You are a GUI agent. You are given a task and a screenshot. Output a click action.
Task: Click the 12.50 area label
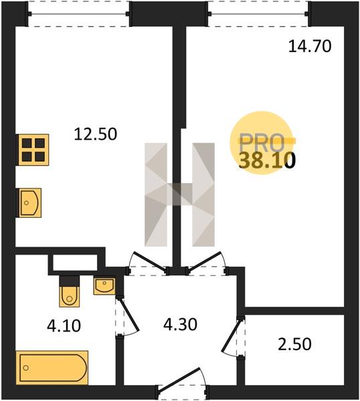coord(96,134)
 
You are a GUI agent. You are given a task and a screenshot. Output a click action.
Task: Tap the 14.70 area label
coord(310,47)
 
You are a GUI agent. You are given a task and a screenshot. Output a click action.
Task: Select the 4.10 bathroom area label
coord(64,326)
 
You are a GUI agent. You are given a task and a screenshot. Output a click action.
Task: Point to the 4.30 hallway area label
coord(180,325)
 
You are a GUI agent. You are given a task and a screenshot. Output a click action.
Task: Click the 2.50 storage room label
coord(294,344)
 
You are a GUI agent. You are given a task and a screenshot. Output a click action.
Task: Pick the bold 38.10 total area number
coord(267,160)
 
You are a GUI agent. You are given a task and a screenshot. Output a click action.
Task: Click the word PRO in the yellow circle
coord(262,143)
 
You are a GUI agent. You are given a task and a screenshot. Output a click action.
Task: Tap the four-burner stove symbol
coord(33,150)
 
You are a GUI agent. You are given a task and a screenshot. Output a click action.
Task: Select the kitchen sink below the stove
coord(29,203)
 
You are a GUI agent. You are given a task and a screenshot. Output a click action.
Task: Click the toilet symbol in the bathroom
coord(69,291)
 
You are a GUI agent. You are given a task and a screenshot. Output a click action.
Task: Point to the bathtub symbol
coord(52,368)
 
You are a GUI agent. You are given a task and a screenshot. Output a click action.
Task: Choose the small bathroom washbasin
coord(104,286)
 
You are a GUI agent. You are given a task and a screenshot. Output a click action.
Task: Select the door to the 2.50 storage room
coord(232,335)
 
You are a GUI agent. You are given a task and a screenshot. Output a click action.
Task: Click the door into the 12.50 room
coord(149,261)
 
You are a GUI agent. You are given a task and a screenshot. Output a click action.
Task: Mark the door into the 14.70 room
coord(205,261)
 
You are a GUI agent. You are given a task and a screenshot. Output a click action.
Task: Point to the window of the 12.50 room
coord(78,14)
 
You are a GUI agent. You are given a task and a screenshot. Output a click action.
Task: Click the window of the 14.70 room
coord(258,14)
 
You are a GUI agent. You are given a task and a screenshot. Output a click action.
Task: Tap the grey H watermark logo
coord(179,194)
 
